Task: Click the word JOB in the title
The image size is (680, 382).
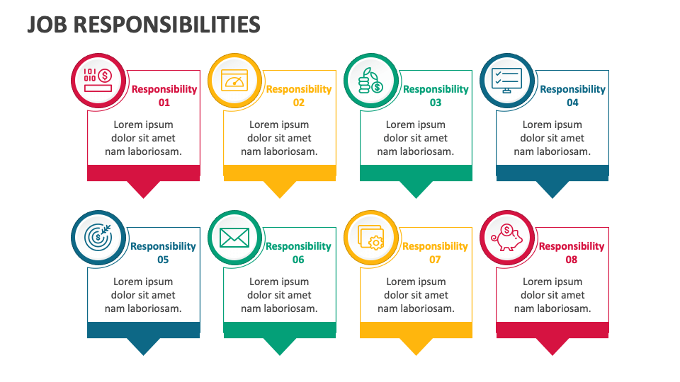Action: click(47, 25)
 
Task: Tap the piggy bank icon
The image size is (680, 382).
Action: click(507, 238)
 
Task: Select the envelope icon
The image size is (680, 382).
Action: click(234, 238)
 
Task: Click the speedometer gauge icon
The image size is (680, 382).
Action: click(234, 81)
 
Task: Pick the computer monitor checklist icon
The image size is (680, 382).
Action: click(506, 81)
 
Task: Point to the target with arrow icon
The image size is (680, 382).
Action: click(98, 237)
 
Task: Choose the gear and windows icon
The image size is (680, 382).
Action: click(370, 238)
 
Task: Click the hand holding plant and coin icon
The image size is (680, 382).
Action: click(370, 81)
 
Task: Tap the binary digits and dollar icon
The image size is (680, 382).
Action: click(98, 80)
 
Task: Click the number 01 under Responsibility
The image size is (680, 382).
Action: click(164, 103)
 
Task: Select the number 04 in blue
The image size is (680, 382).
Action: click(572, 103)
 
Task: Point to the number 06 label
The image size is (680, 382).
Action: click(298, 260)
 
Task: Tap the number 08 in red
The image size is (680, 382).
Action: click(571, 260)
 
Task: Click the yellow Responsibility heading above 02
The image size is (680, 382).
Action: click(299, 89)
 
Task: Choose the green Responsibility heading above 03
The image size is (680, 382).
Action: click(436, 89)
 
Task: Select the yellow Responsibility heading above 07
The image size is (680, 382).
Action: click(435, 246)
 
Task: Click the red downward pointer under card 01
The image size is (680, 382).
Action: click(144, 189)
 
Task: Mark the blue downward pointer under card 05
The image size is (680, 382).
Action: click(144, 346)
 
